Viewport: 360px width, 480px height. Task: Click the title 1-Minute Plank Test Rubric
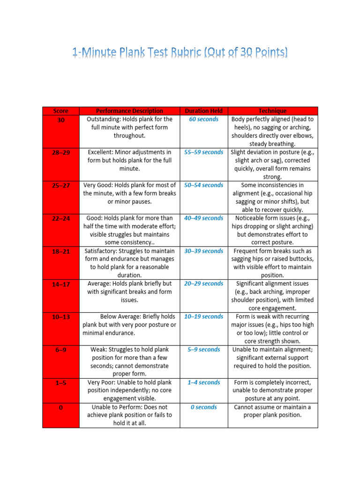point(180,52)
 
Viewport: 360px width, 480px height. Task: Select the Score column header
point(60,111)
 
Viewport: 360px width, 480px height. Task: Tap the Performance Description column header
point(129,111)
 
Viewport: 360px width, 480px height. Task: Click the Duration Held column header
point(203,111)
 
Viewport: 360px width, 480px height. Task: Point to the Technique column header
point(272,111)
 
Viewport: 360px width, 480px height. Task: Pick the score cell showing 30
point(60,120)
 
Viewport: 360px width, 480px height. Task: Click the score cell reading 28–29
point(60,152)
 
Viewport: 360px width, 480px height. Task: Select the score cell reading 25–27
point(60,185)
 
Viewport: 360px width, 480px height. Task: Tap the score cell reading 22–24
point(60,218)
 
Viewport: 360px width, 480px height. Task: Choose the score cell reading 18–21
point(60,251)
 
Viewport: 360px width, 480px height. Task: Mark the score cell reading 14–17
point(60,284)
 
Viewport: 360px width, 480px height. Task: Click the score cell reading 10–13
point(60,317)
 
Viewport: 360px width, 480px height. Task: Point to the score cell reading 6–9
point(60,350)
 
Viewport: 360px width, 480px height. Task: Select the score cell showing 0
point(60,407)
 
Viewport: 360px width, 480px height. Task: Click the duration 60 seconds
point(203,119)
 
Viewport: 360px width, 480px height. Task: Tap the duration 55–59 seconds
point(203,152)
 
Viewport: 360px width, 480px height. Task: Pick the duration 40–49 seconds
point(203,218)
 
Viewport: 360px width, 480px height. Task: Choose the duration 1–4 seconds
point(203,382)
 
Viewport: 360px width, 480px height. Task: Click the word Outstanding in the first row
point(104,119)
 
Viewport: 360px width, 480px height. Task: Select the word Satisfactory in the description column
point(102,251)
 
